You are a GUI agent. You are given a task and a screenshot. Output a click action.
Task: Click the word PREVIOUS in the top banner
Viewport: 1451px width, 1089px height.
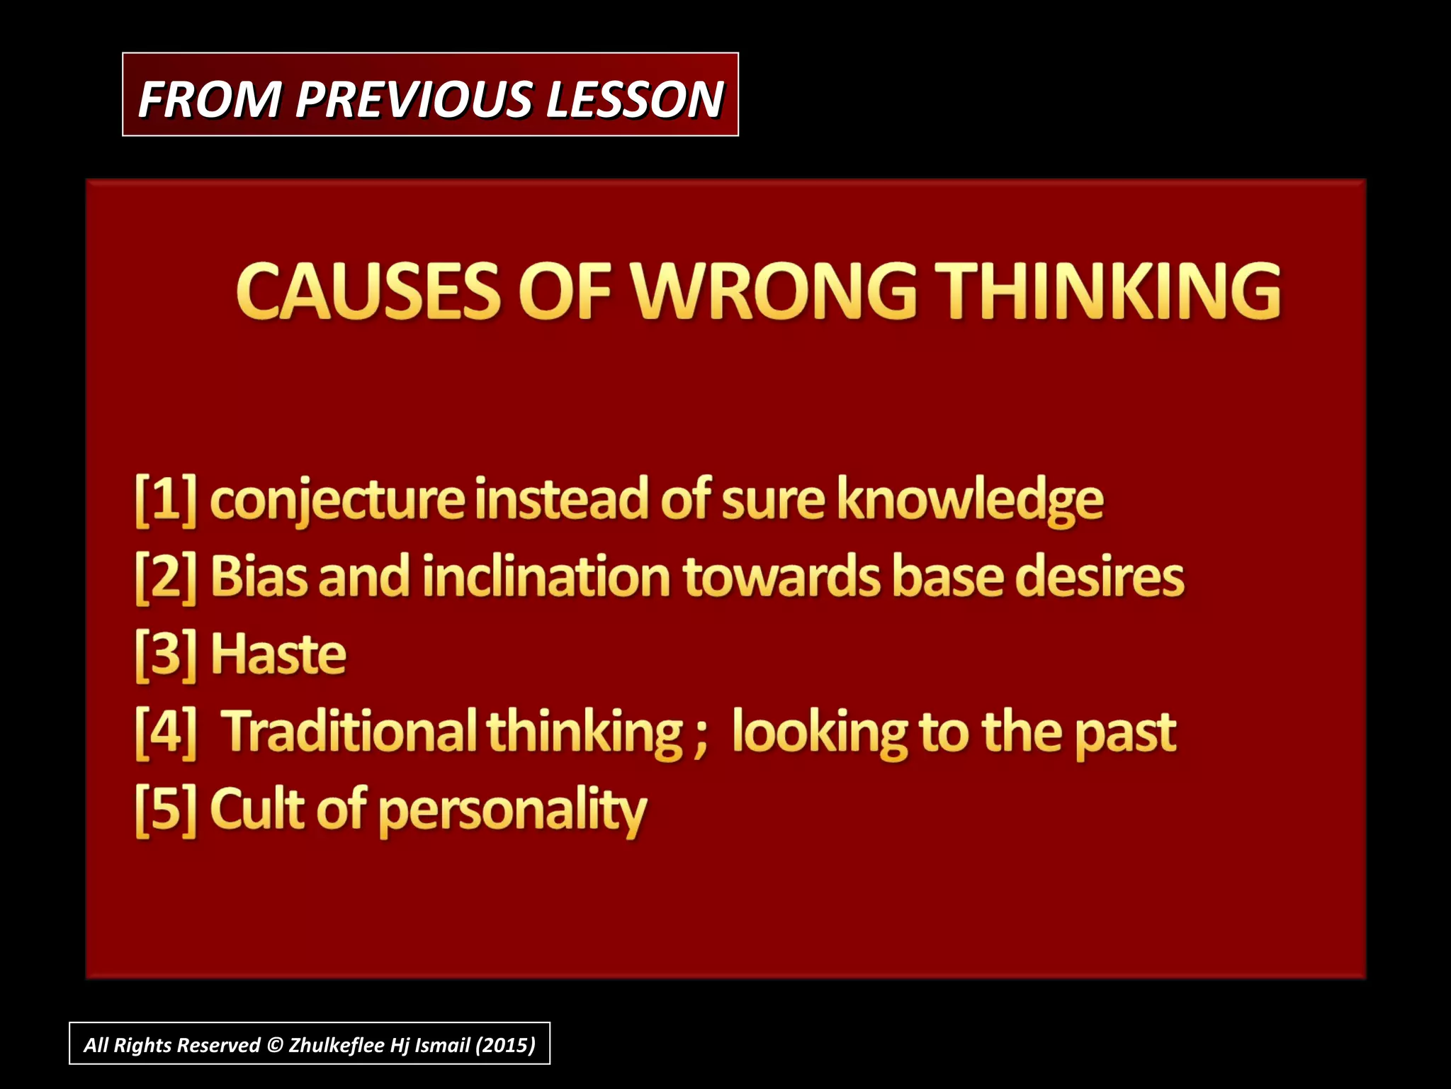[x=414, y=99]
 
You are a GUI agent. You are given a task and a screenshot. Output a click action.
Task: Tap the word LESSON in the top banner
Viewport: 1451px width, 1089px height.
[x=634, y=99]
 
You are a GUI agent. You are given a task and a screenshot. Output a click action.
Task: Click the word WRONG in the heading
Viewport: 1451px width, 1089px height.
[x=773, y=291]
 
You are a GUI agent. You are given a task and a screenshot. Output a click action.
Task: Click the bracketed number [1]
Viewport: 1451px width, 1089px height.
[x=166, y=501]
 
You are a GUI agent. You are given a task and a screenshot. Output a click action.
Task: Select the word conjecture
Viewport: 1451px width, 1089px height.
[x=337, y=502]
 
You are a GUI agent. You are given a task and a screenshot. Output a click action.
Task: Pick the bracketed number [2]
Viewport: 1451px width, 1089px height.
[x=166, y=578]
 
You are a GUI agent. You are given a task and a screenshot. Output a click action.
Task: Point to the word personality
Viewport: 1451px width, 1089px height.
[x=513, y=812]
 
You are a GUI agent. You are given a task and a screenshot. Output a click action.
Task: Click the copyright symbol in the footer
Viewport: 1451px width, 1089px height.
[x=275, y=1045]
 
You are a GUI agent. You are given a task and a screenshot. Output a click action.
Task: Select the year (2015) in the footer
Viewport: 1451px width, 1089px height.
[x=505, y=1045]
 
